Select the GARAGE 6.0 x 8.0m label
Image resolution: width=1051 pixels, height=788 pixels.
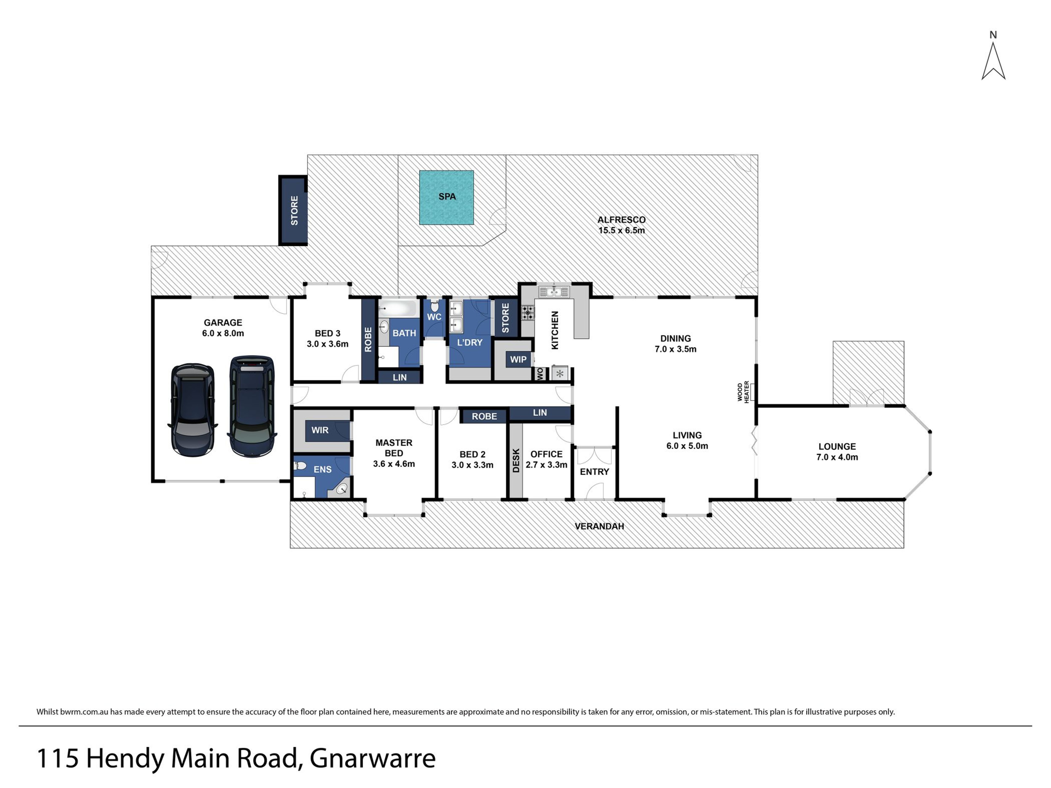(x=223, y=328)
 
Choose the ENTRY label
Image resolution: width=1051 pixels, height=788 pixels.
(x=594, y=472)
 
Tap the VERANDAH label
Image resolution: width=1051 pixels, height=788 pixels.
(x=599, y=526)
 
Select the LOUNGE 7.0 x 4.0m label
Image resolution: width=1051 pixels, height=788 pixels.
(x=837, y=452)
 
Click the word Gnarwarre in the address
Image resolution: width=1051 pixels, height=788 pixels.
(x=373, y=758)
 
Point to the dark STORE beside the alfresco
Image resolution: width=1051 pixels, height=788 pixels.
(x=293, y=210)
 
